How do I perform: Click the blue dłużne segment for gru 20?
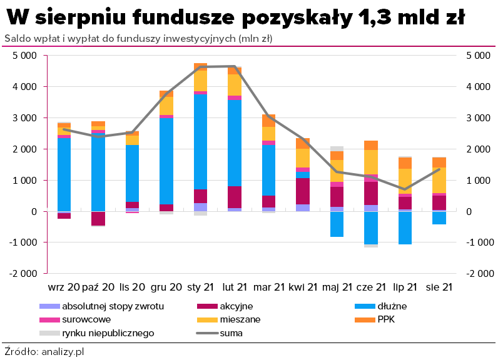point(166,161)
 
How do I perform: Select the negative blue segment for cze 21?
point(372,227)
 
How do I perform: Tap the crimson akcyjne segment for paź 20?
point(98,218)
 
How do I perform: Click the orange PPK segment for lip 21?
point(405,163)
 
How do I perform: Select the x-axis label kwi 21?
point(303,287)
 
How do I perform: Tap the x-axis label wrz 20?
point(64,287)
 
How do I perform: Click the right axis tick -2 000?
point(479,274)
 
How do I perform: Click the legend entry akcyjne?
point(236,306)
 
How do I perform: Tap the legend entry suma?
point(231,333)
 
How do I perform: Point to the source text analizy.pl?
point(63,351)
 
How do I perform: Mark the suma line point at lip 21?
point(405,189)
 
